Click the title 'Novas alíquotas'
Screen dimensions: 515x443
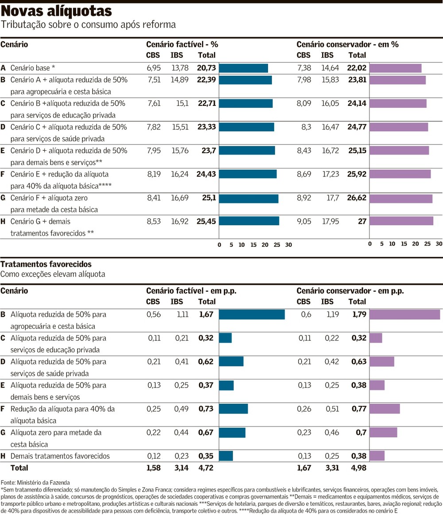point(56,10)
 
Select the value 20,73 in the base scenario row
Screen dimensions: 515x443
point(206,68)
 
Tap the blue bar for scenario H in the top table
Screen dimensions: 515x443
point(249,221)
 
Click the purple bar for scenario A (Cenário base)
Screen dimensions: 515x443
point(395,68)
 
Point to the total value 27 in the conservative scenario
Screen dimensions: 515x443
point(362,221)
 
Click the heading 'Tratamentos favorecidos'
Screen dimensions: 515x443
point(46,264)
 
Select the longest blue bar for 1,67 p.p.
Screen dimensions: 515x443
point(252,314)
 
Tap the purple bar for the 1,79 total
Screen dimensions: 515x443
point(404,314)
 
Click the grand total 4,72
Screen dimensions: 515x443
point(206,468)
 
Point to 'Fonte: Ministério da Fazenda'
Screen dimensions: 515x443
point(35,482)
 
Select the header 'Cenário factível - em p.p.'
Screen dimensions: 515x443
point(191,291)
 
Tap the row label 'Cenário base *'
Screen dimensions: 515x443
point(33,68)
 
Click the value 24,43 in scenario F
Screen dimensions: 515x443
point(206,174)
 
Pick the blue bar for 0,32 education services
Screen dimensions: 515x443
point(225,338)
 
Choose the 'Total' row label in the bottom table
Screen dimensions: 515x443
point(19,468)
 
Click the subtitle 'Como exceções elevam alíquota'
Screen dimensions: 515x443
point(53,274)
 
